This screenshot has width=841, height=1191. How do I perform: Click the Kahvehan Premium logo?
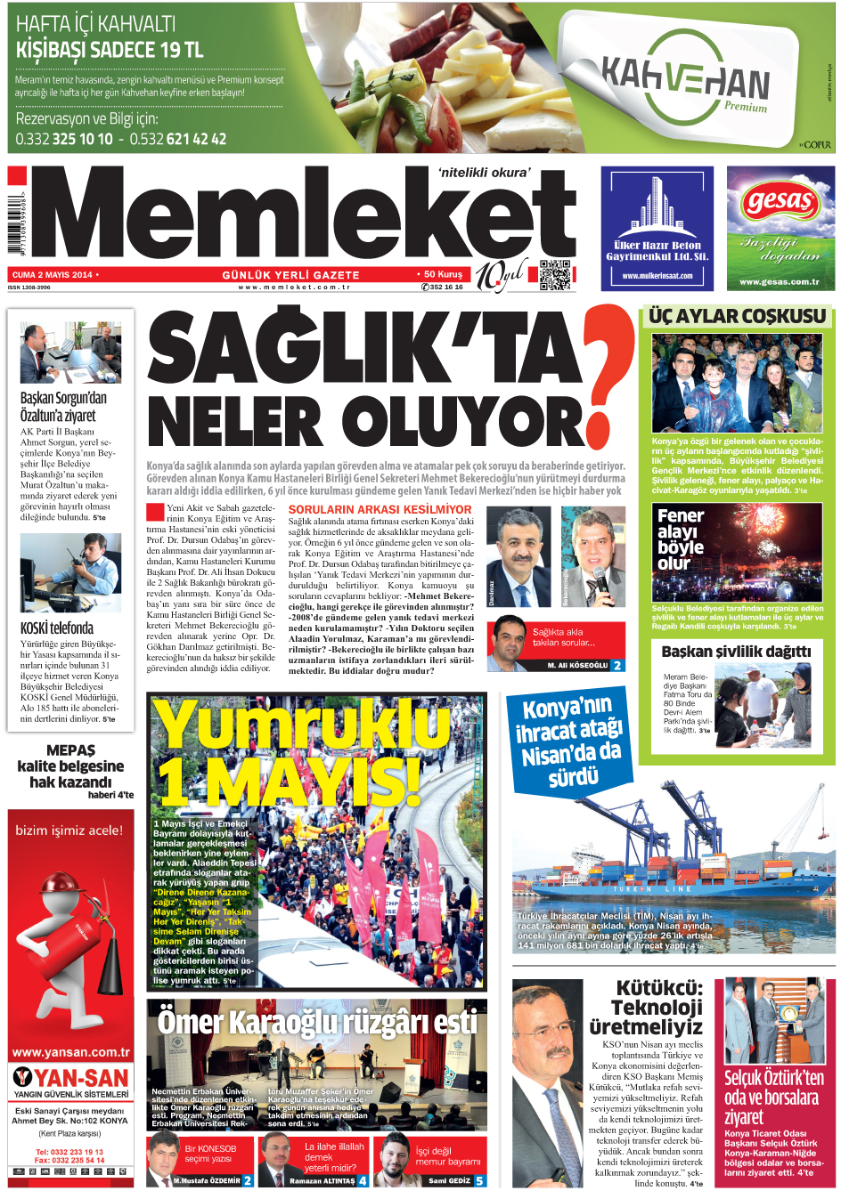(x=684, y=80)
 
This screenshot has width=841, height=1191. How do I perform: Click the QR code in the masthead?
(x=554, y=275)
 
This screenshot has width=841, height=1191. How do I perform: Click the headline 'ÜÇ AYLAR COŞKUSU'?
(x=737, y=316)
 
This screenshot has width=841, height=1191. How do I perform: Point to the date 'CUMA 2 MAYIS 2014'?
(x=52, y=275)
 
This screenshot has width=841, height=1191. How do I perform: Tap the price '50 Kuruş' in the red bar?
(x=443, y=274)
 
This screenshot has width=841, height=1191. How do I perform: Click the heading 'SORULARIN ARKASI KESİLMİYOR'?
(x=380, y=510)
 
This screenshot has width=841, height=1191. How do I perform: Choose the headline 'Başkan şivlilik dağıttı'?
(x=736, y=652)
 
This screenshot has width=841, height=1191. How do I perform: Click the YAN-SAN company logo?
(x=70, y=1079)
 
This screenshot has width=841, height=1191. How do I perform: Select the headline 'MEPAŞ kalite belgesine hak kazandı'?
(x=70, y=766)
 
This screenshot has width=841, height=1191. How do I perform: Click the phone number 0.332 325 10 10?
(x=64, y=139)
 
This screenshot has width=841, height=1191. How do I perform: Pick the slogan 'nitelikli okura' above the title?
(x=484, y=173)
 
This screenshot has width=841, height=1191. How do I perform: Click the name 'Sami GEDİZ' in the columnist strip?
(x=449, y=1181)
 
